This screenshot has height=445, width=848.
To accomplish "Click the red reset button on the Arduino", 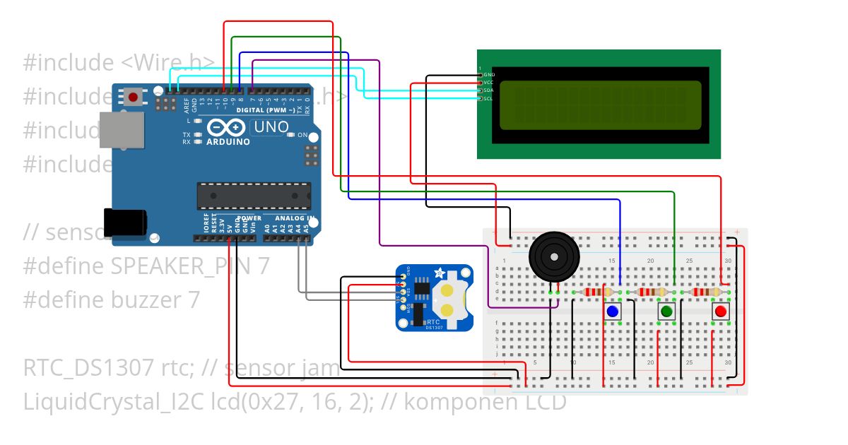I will pyautogui.click(x=133, y=96).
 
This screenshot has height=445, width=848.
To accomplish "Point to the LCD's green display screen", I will pyautogui.click(x=601, y=105).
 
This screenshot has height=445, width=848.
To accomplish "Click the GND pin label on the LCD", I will pyautogui.click(x=489, y=74).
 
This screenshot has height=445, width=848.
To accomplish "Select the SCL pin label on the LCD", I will pyautogui.click(x=488, y=98).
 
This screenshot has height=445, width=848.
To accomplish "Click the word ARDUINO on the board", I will pyautogui.click(x=228, y=142).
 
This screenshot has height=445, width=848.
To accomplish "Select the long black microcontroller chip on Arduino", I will pyautogui.click(x=253, y=196).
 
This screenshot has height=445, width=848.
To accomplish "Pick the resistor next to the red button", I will pyautogui.click(x=705, y=292).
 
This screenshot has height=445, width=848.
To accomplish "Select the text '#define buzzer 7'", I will pyautogui.click(x=112, y=300).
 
